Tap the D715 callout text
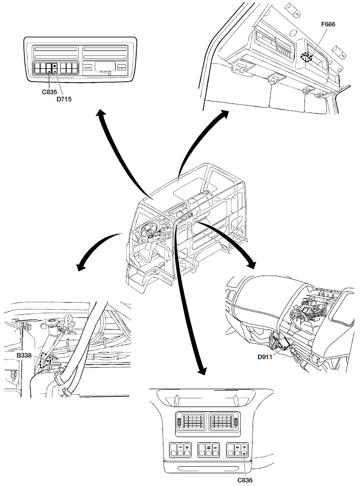(64, 99)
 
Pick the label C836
(245, 479)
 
